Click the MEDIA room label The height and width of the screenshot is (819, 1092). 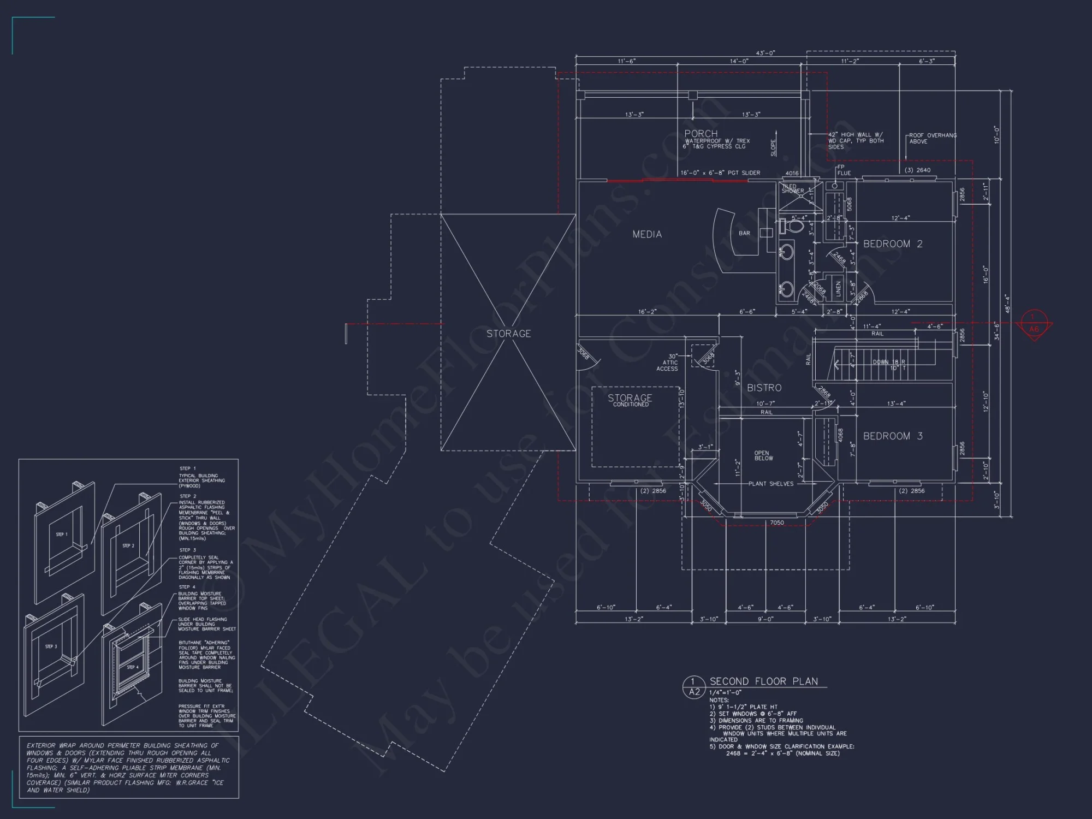pos(647,234)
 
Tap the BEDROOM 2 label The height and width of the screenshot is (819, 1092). pos(893,244)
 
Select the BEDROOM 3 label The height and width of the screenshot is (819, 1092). pos(893,436)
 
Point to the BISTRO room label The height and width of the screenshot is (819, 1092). pos(764,388)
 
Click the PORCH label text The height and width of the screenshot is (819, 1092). pos(701,134)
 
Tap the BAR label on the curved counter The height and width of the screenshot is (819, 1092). pos(744,233)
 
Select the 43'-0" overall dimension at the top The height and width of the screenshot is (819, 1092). pos(765,53)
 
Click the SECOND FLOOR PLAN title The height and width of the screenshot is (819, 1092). pos(763,681)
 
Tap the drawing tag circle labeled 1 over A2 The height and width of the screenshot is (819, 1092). pos(694,686)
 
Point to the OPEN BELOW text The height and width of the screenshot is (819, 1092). pos(763,455)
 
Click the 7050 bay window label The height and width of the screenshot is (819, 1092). pos(776,523)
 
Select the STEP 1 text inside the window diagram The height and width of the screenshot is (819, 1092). pos(62,535)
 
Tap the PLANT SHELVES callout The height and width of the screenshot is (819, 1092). pos(770,484)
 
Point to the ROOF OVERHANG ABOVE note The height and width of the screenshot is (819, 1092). pos(932,138)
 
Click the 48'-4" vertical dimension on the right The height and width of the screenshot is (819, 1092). pos(1008,304)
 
